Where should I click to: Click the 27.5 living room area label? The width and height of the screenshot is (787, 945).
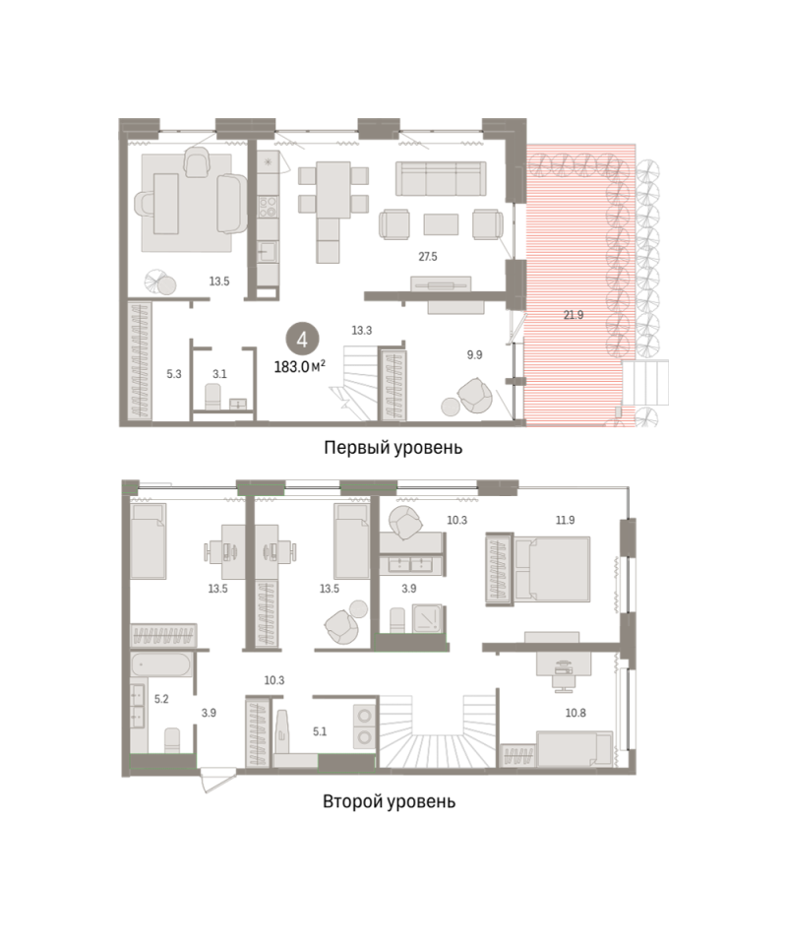coord(428,257)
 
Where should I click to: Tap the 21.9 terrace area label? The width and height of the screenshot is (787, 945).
coord(574,315)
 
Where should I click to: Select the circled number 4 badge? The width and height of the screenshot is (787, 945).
coord(302,340)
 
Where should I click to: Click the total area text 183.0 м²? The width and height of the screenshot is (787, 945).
coord(299,366)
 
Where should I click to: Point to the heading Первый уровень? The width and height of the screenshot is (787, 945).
coord(393,448)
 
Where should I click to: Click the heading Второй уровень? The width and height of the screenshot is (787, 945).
coord(389,801)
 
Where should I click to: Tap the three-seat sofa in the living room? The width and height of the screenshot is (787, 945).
coord(441,178)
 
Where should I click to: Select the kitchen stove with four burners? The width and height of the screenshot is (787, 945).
coord(268,207)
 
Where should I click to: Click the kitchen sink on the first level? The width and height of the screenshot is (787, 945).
coord(268,251)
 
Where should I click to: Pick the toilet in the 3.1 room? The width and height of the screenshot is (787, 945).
coord(213,397)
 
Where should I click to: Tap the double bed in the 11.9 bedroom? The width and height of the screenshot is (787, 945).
coord(552,569)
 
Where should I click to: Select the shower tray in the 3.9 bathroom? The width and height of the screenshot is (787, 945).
coord(427,618)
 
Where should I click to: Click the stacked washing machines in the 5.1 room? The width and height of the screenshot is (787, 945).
coord(365,726)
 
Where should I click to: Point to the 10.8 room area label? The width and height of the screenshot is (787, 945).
coord(575,713)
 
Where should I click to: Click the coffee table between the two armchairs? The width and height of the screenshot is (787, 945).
coord(441,224)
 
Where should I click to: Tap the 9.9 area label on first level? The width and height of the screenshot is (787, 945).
coord(474,355)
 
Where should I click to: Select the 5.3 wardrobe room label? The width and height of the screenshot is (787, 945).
coord(174,374)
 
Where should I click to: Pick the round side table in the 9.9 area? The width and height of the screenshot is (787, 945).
coord(451,407)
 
